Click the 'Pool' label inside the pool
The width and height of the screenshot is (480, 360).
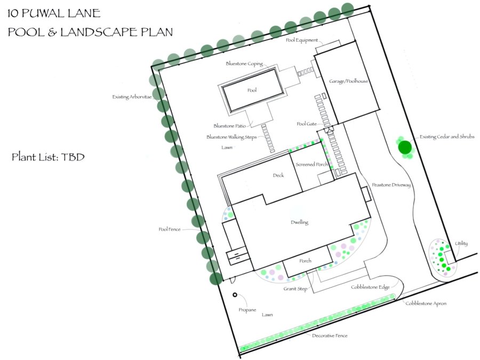(252, 90)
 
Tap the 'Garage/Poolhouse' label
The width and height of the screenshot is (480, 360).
(348, 82)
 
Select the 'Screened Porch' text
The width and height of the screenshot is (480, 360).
(311, 164)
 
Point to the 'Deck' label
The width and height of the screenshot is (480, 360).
(278, 175)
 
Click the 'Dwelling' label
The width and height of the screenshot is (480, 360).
(299, 222)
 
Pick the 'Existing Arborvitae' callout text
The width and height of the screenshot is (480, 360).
(132, 97)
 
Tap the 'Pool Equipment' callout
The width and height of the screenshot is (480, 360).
(302, 40)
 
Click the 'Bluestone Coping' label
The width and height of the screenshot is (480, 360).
(244, 63)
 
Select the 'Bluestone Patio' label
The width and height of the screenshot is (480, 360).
(229, 126)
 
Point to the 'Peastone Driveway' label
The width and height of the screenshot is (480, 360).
(391, 185)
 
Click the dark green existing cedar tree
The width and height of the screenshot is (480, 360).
(405, 147)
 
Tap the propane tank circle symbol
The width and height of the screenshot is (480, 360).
(235, 295)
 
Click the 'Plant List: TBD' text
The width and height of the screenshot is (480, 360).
(48, 157)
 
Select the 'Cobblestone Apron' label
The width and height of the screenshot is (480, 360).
(426, 303)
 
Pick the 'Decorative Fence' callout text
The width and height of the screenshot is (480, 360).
(330, 335)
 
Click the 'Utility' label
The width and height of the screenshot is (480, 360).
(461, 243)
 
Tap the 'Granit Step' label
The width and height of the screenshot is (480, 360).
(295, 289)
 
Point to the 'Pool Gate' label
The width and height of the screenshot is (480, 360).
(307, 124)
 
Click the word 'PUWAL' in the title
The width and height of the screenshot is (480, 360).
(41, 13)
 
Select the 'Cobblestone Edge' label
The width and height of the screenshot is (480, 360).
(371, 287)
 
